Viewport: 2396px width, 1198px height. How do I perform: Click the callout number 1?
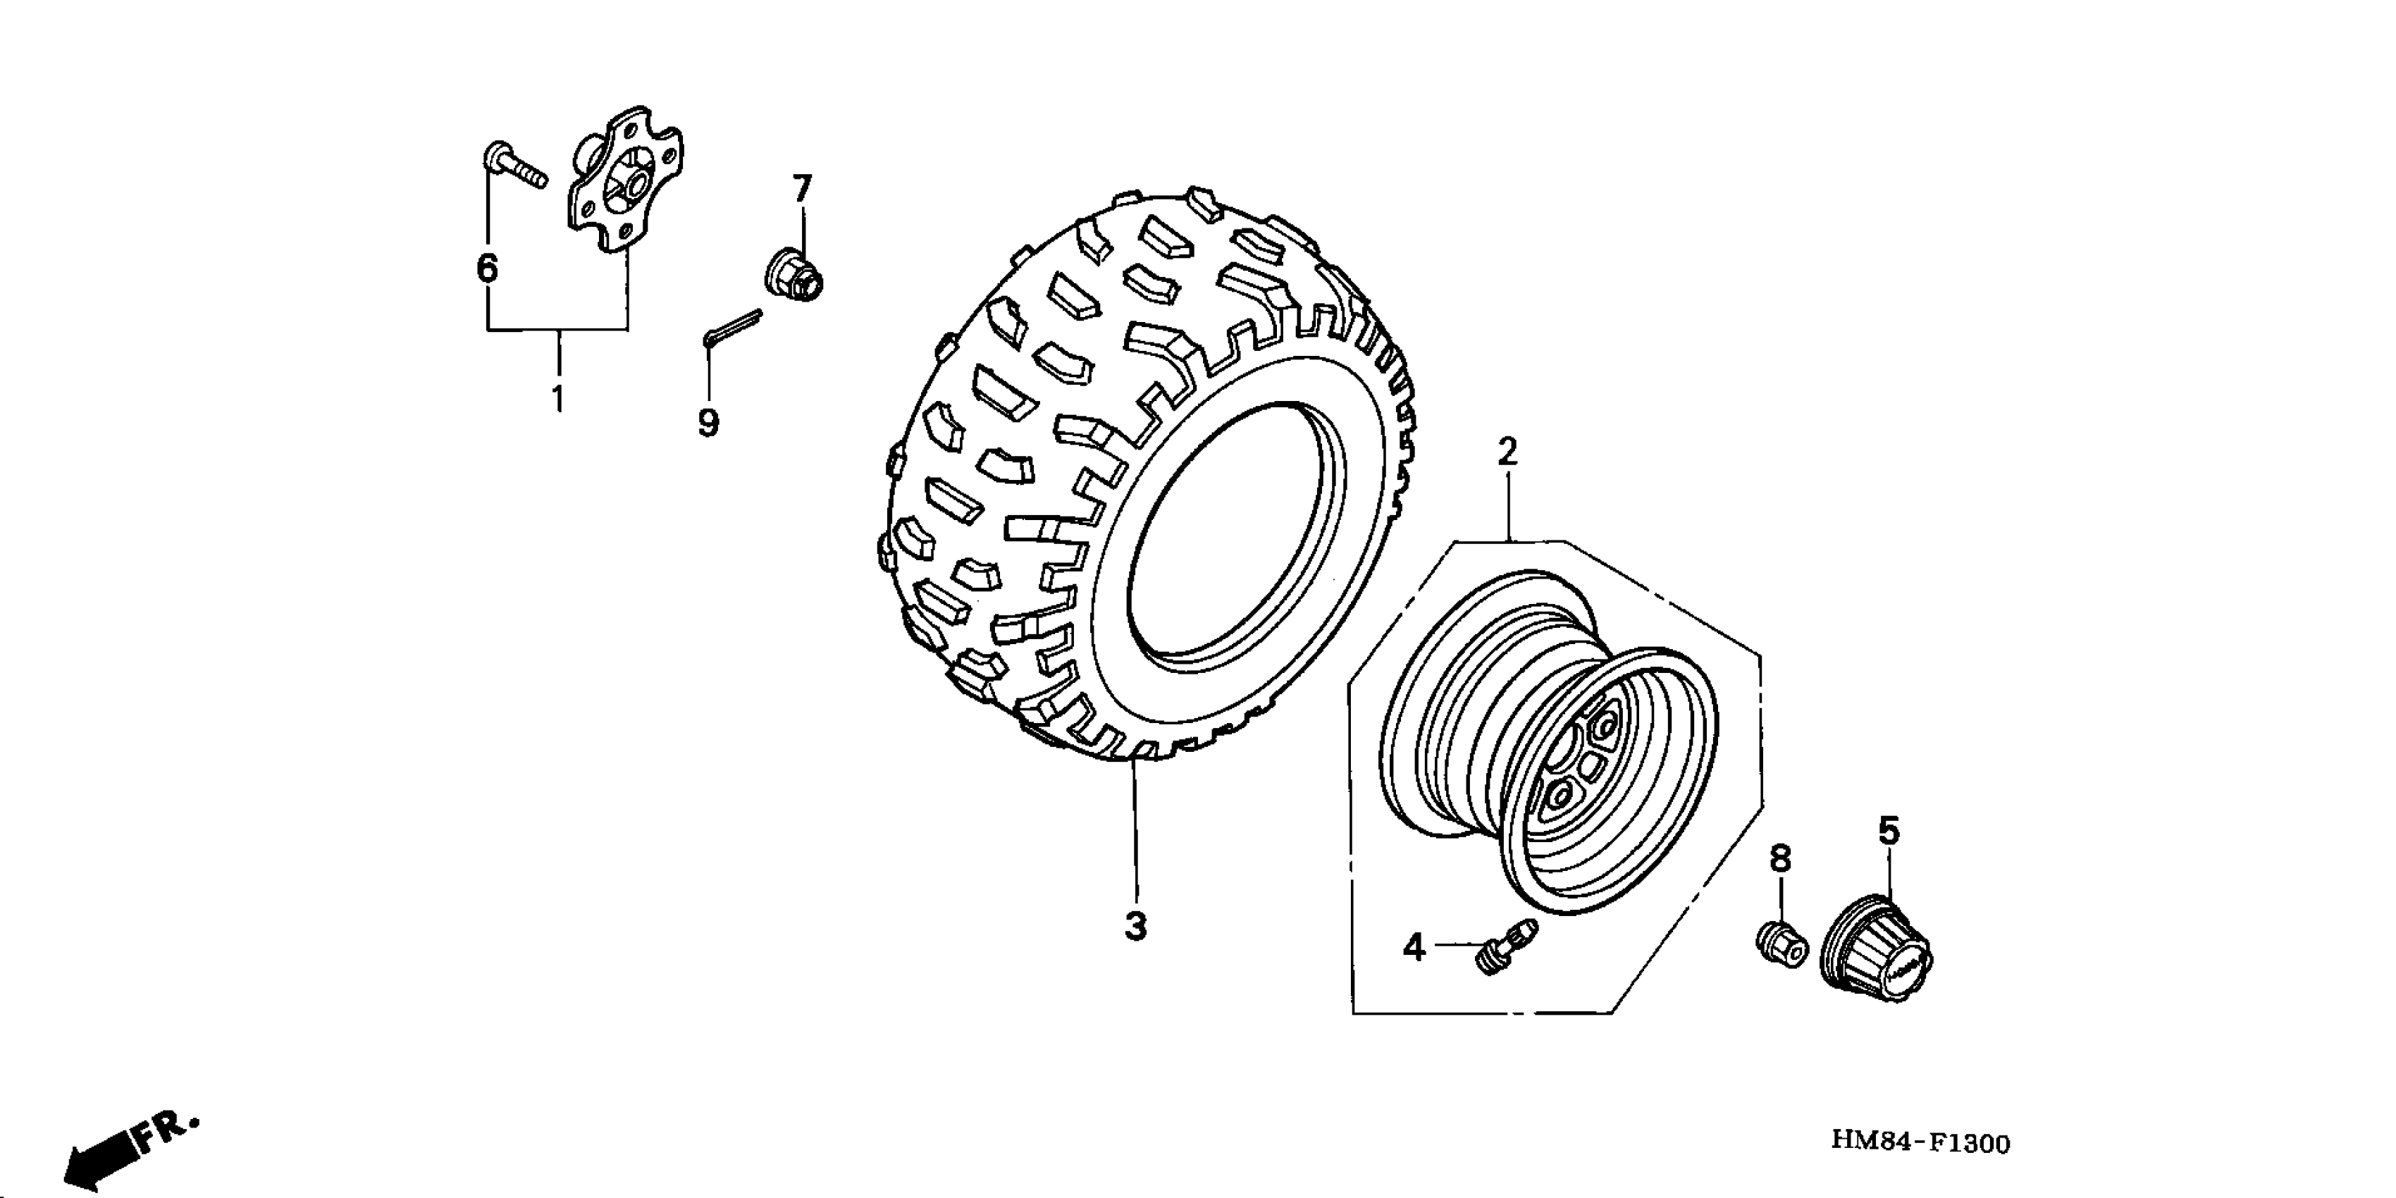pos(557,398)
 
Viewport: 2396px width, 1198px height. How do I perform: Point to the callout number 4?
pos(1414,948)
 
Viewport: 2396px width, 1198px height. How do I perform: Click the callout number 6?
pos(488,268)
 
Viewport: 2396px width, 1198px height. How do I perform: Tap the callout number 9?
pos(709,424)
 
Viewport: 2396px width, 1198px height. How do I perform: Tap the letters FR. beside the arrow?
pos(168,1131)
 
